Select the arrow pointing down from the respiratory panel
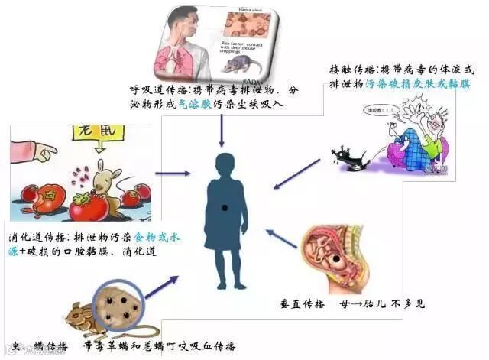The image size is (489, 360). coord(222,133)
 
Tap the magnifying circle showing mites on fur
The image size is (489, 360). coord(116,302)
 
